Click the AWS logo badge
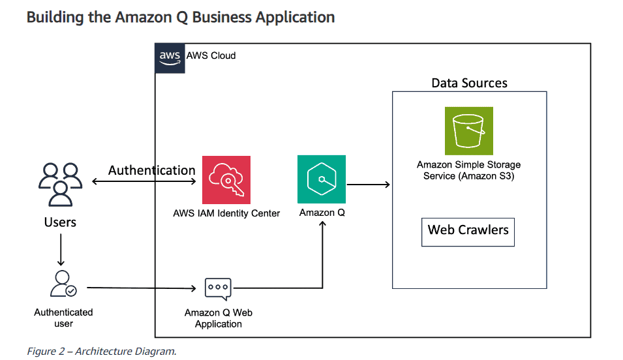tap(170, 57)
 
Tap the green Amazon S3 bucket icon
tap(468, 130)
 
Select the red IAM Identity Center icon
tap(226, 179)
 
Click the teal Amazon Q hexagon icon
tap(321, 179)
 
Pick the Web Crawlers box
tap(468, 232)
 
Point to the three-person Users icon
tap(60, 185)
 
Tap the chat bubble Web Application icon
tap(218, 288)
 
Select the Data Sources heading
tap(469, 83)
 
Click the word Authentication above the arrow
tap(151, 170)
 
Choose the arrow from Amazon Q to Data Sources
tap(368, 185)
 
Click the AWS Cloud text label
tap(211, 55)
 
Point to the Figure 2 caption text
tap(101, 352)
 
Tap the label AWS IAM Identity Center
tap(226, 213)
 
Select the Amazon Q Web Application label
tap(218, 318)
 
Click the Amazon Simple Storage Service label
tap(468, 170)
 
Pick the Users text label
tap(60, 222)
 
